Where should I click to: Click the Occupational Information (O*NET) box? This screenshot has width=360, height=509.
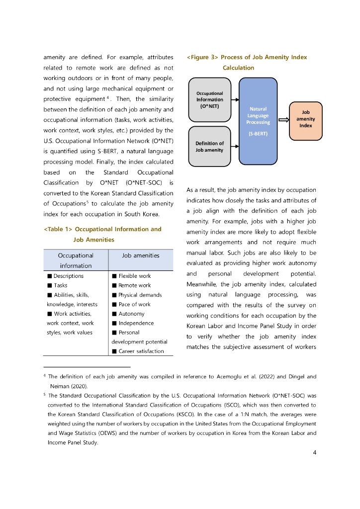coord(209,100)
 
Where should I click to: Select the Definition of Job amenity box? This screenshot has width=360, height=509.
coord(209,146)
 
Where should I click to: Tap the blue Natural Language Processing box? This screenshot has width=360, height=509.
coord(258,121)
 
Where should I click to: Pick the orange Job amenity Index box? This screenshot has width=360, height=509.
coord(305,119)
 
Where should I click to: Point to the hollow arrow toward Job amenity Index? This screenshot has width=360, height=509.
coord(284,120)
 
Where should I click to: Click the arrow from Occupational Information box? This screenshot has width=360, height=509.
coord(235,99)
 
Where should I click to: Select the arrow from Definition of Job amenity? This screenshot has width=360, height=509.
coord(235,146)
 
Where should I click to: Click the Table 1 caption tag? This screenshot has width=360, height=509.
coord(59,229)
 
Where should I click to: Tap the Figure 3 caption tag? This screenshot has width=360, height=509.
coord(202,57)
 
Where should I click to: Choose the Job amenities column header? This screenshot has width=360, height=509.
coord(141,255)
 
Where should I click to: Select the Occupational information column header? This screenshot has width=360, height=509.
coord(76,260)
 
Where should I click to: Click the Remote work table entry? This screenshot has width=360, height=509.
coord(134,285)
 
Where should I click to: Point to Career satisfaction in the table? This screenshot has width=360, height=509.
coord(141,351)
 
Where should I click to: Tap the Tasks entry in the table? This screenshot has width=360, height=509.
coord(60,285)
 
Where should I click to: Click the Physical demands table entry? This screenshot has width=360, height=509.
coord(140,295)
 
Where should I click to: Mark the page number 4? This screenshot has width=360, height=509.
coord(315,452)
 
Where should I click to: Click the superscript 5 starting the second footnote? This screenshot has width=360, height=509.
coord(45,395)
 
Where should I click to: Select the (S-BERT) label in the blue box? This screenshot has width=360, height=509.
coord(258,133)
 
